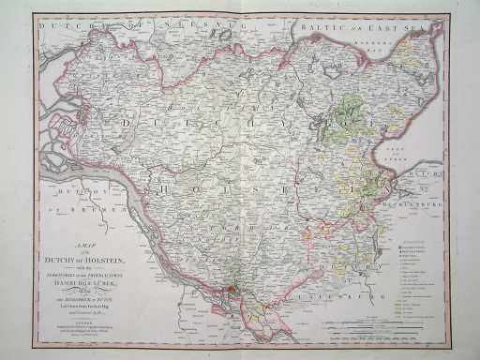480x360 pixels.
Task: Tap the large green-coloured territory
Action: (x=347, y=127)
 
